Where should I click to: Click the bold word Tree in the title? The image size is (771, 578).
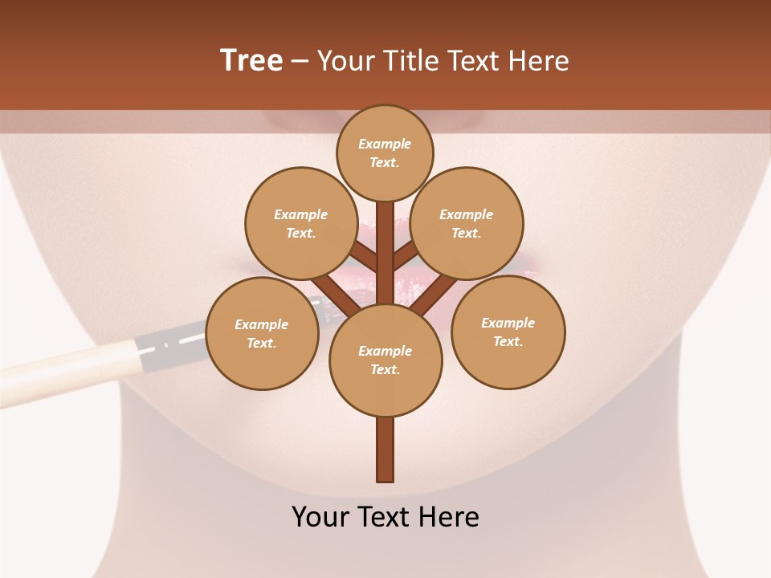(x=251, y=60)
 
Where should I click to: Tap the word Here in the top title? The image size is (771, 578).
(x=540, y=60)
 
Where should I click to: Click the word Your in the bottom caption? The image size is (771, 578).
(x=320, y=516)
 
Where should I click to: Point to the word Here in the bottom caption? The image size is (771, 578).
(x=449, y=516)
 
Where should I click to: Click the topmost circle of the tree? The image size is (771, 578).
(x=385, y=153)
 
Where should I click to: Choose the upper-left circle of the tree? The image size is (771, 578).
(x=301, y=223)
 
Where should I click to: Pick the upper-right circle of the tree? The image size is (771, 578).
(x=467, y=223)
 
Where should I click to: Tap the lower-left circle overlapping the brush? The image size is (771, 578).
(x=262, y=333)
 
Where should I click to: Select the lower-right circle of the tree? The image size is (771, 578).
(x=508, y=332)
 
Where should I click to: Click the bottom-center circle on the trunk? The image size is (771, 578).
(x=385, y=360)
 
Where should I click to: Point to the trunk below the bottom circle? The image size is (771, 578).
(x=385, y=450)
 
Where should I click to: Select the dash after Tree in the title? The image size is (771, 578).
(x=300, y=61)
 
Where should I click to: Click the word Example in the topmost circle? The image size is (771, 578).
(x=385, y=144)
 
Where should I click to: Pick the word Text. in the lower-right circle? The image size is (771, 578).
(x=508, y=341)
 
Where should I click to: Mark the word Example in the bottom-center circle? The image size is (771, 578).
(x=385, y=351)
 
